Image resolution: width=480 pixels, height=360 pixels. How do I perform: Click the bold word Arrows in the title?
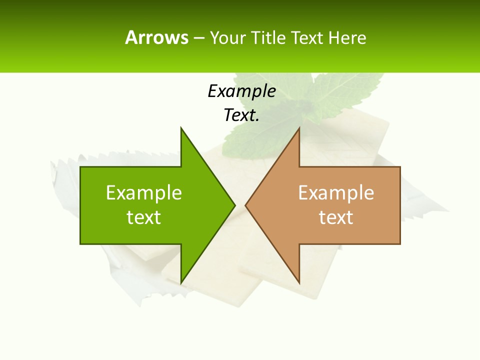[x=156, y=37]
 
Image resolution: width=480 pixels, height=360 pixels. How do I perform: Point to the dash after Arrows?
[x=198, y=38]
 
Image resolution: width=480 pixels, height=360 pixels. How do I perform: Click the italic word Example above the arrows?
[x=241, y=91]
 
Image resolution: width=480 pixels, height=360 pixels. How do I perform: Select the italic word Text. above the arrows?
[x=241, y=115]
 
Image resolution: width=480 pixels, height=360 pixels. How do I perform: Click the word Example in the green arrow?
[x=144, y=193]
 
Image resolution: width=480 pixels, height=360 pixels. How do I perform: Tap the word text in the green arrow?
[x=144, y=217]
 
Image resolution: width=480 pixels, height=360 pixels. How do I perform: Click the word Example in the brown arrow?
[x=336, y=193]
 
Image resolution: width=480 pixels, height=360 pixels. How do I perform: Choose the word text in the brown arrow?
[x=336, y=217]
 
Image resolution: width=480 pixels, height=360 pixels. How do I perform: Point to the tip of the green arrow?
[x=235, y=205]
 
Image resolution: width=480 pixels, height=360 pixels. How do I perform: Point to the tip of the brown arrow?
[x=245, y=205]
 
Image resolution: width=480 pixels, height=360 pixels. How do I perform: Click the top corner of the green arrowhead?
[x=181, y=128]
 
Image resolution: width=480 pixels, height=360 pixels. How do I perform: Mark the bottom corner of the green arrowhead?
[x=181, y=283]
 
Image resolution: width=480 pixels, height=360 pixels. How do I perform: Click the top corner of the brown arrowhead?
[x=299, y=128]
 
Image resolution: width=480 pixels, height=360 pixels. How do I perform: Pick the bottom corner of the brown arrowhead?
[x=299, y=283]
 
